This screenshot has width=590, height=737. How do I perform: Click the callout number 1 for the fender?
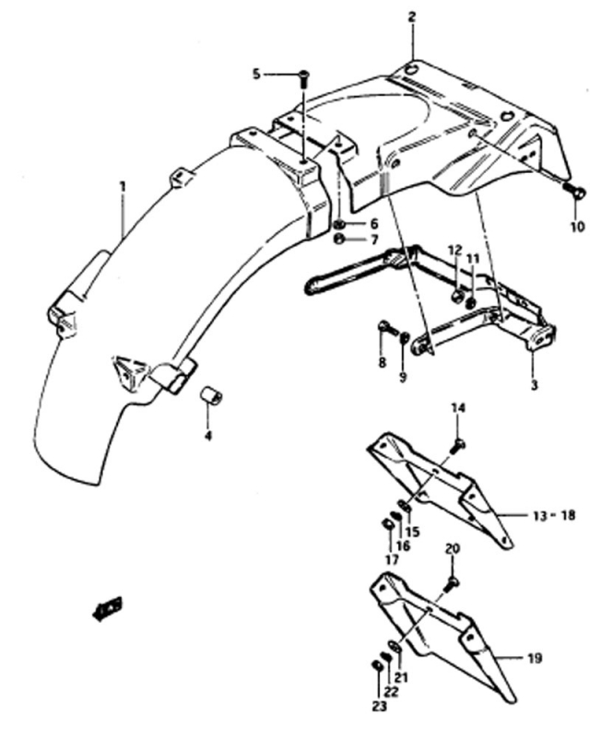tap(123, 187)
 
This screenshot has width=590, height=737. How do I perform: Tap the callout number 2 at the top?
tap(412, 18)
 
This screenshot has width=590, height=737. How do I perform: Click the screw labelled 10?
tap(577, 193)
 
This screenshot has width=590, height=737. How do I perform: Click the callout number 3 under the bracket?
tap(534, 385)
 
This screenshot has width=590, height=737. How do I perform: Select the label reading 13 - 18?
tap(554, 515)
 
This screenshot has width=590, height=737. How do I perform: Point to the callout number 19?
tap(534, 658)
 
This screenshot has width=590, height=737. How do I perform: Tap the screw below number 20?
tap(451, 584)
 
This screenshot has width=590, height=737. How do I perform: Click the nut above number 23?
tap(376, 665)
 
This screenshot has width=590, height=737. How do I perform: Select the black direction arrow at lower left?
tap(108, 608)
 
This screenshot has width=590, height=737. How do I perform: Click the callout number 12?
tap(455, 250)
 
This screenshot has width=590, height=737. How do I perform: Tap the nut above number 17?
tap(387, 523)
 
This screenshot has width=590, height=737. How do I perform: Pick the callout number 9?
tap(403, 377)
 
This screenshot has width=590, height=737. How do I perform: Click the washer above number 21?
tap(395, 648)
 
